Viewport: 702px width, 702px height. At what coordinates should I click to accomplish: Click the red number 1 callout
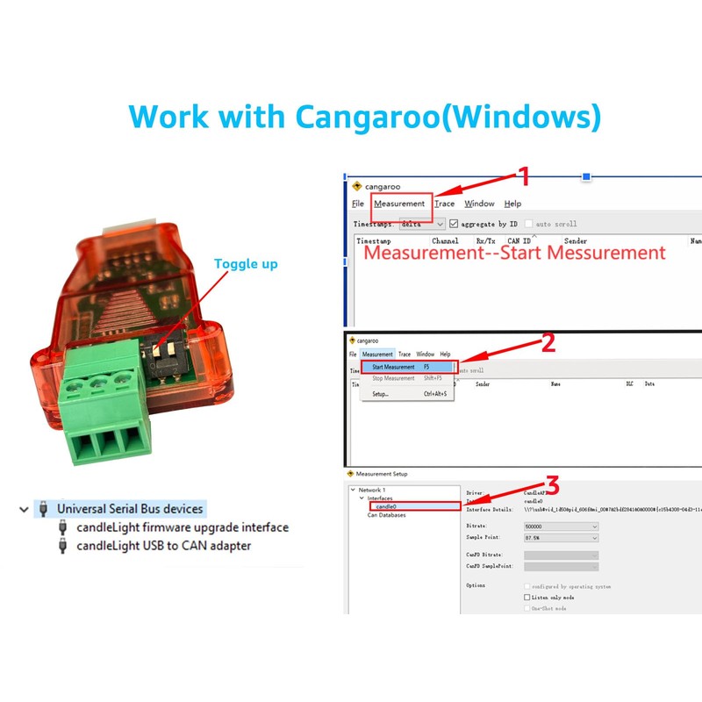[525, 177]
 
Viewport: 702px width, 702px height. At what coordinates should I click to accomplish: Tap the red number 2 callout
[548, 343]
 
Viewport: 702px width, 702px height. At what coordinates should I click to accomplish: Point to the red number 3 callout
[552, 485]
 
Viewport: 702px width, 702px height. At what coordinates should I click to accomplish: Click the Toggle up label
[246, 263]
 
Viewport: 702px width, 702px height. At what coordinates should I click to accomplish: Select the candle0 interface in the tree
[386, 506]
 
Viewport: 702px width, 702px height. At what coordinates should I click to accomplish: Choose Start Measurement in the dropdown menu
[392, 367]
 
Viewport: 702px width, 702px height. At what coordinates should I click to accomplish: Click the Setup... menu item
[381, 394]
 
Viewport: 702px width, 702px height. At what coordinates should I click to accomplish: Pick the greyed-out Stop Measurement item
[393, 378]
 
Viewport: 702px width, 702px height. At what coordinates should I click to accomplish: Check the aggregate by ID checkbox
[455, 224]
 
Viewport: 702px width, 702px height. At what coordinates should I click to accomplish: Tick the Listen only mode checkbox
[527, 597]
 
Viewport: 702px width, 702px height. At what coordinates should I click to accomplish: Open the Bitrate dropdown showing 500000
[561, 526]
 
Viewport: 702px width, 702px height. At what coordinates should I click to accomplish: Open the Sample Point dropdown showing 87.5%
[561, 538]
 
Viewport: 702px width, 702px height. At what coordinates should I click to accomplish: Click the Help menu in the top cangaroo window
[512, 204]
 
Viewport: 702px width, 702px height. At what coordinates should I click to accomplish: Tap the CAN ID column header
[519, 240]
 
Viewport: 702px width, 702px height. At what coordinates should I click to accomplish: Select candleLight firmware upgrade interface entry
[182, 527]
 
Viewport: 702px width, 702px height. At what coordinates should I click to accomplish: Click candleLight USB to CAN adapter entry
[163, 546]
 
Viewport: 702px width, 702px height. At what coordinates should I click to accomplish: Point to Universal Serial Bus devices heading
[130, 508]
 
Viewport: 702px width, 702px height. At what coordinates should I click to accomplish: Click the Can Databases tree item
[386, 515]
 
